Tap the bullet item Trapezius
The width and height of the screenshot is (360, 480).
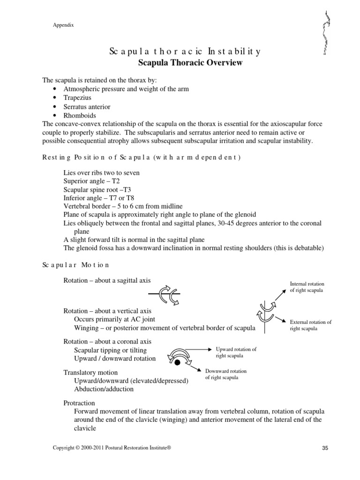[x=78, y=98]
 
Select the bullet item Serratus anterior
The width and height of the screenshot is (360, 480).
[x=87, y=107]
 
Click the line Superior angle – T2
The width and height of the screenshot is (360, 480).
[x=90, y=181]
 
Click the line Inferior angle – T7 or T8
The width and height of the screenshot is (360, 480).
[x=98, y=198]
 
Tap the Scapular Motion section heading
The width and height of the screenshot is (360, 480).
[x=75, y=265]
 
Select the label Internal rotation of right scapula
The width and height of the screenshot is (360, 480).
[x=307, y=287]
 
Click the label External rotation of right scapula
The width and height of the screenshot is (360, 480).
[x=310, y=325]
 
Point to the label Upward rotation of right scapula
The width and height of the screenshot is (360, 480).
[x=236, y=352]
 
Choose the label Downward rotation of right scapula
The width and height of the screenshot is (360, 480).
[x=226, y=375]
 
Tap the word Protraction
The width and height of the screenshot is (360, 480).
[x=79, y=403]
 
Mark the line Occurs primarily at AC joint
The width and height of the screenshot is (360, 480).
[x=110, y=319]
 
